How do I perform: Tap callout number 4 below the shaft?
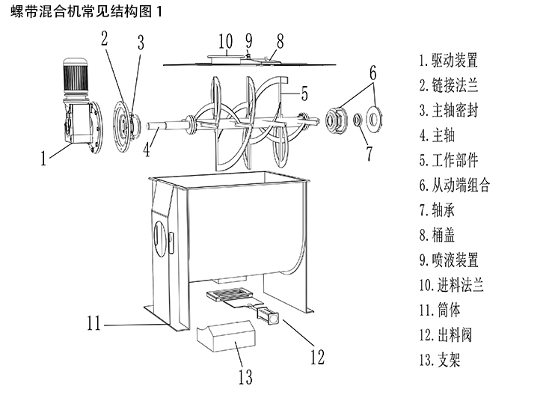pyautogui.click(x=147, y=149)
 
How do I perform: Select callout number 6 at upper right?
pyautogui.click(x=373, y=73)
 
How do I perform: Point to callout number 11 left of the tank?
pyautogui.click(x=93, y=324)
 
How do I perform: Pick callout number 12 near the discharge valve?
pyautogui.click(x=317, y=357)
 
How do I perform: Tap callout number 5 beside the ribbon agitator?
pyautogui.click(x=304, y=94)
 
